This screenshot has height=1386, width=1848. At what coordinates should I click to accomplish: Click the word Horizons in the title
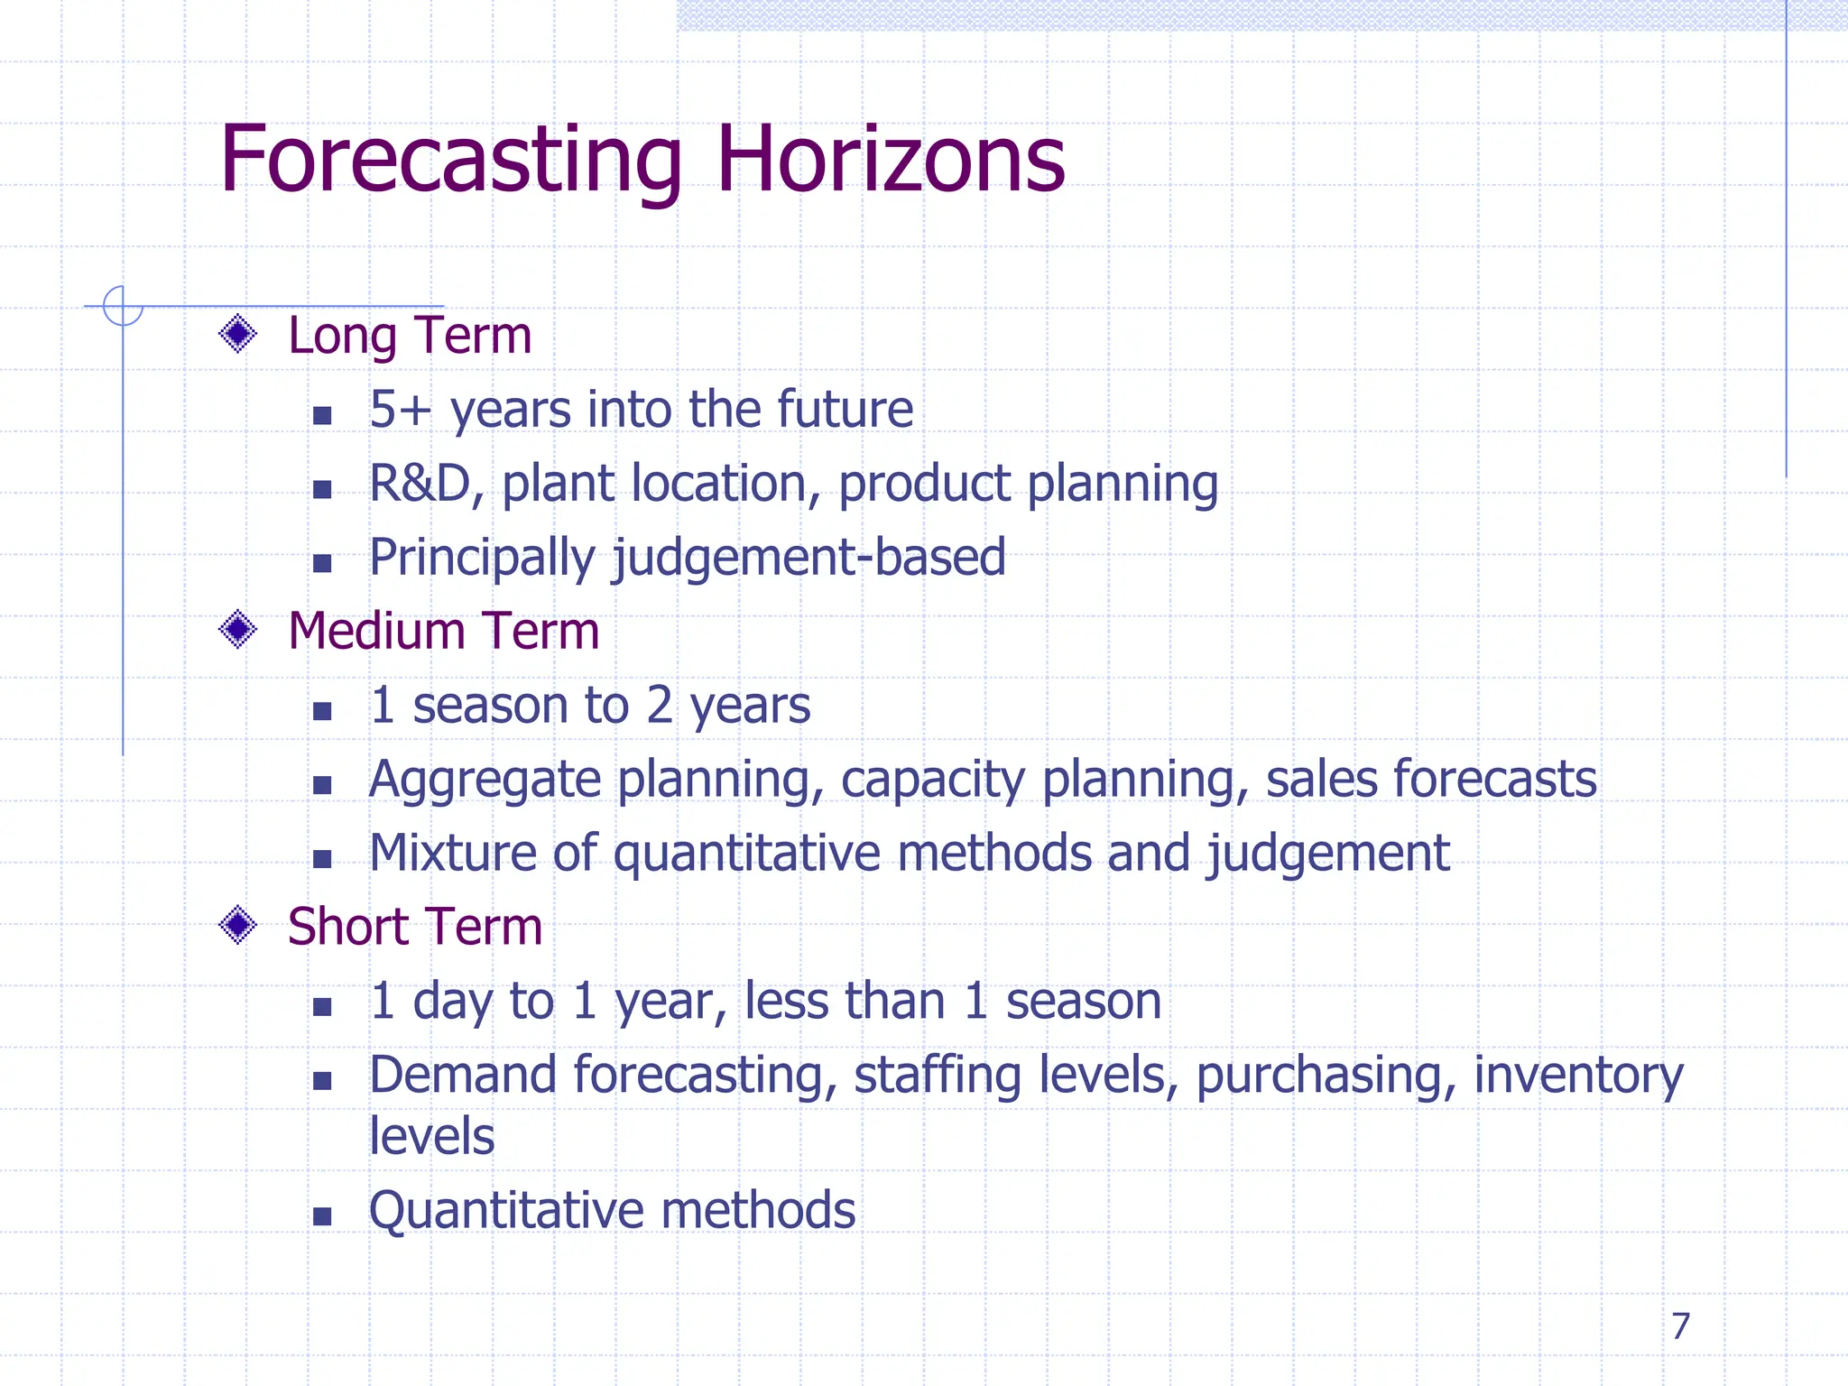tap(891, 161)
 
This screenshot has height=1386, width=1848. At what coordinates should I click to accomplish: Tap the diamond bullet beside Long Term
tap(238, 334)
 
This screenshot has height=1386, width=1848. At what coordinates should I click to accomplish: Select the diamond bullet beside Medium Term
tap(238, 629)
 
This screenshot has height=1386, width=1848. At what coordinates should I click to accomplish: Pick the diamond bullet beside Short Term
tap(238, 925)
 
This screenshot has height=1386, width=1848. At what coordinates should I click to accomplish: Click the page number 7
tap(1680, 1326)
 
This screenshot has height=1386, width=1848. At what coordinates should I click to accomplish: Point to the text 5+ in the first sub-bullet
tap(400, 410)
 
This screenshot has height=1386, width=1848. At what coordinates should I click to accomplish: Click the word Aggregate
tap(485, 781)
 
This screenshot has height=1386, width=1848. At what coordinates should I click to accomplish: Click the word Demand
tap(463, 1076)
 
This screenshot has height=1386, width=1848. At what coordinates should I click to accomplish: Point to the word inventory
tap(1578, 1076)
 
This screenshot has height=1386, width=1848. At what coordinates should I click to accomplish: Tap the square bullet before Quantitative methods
tap(322, 1215)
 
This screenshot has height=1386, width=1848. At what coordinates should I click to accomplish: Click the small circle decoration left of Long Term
tap(123, 305)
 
